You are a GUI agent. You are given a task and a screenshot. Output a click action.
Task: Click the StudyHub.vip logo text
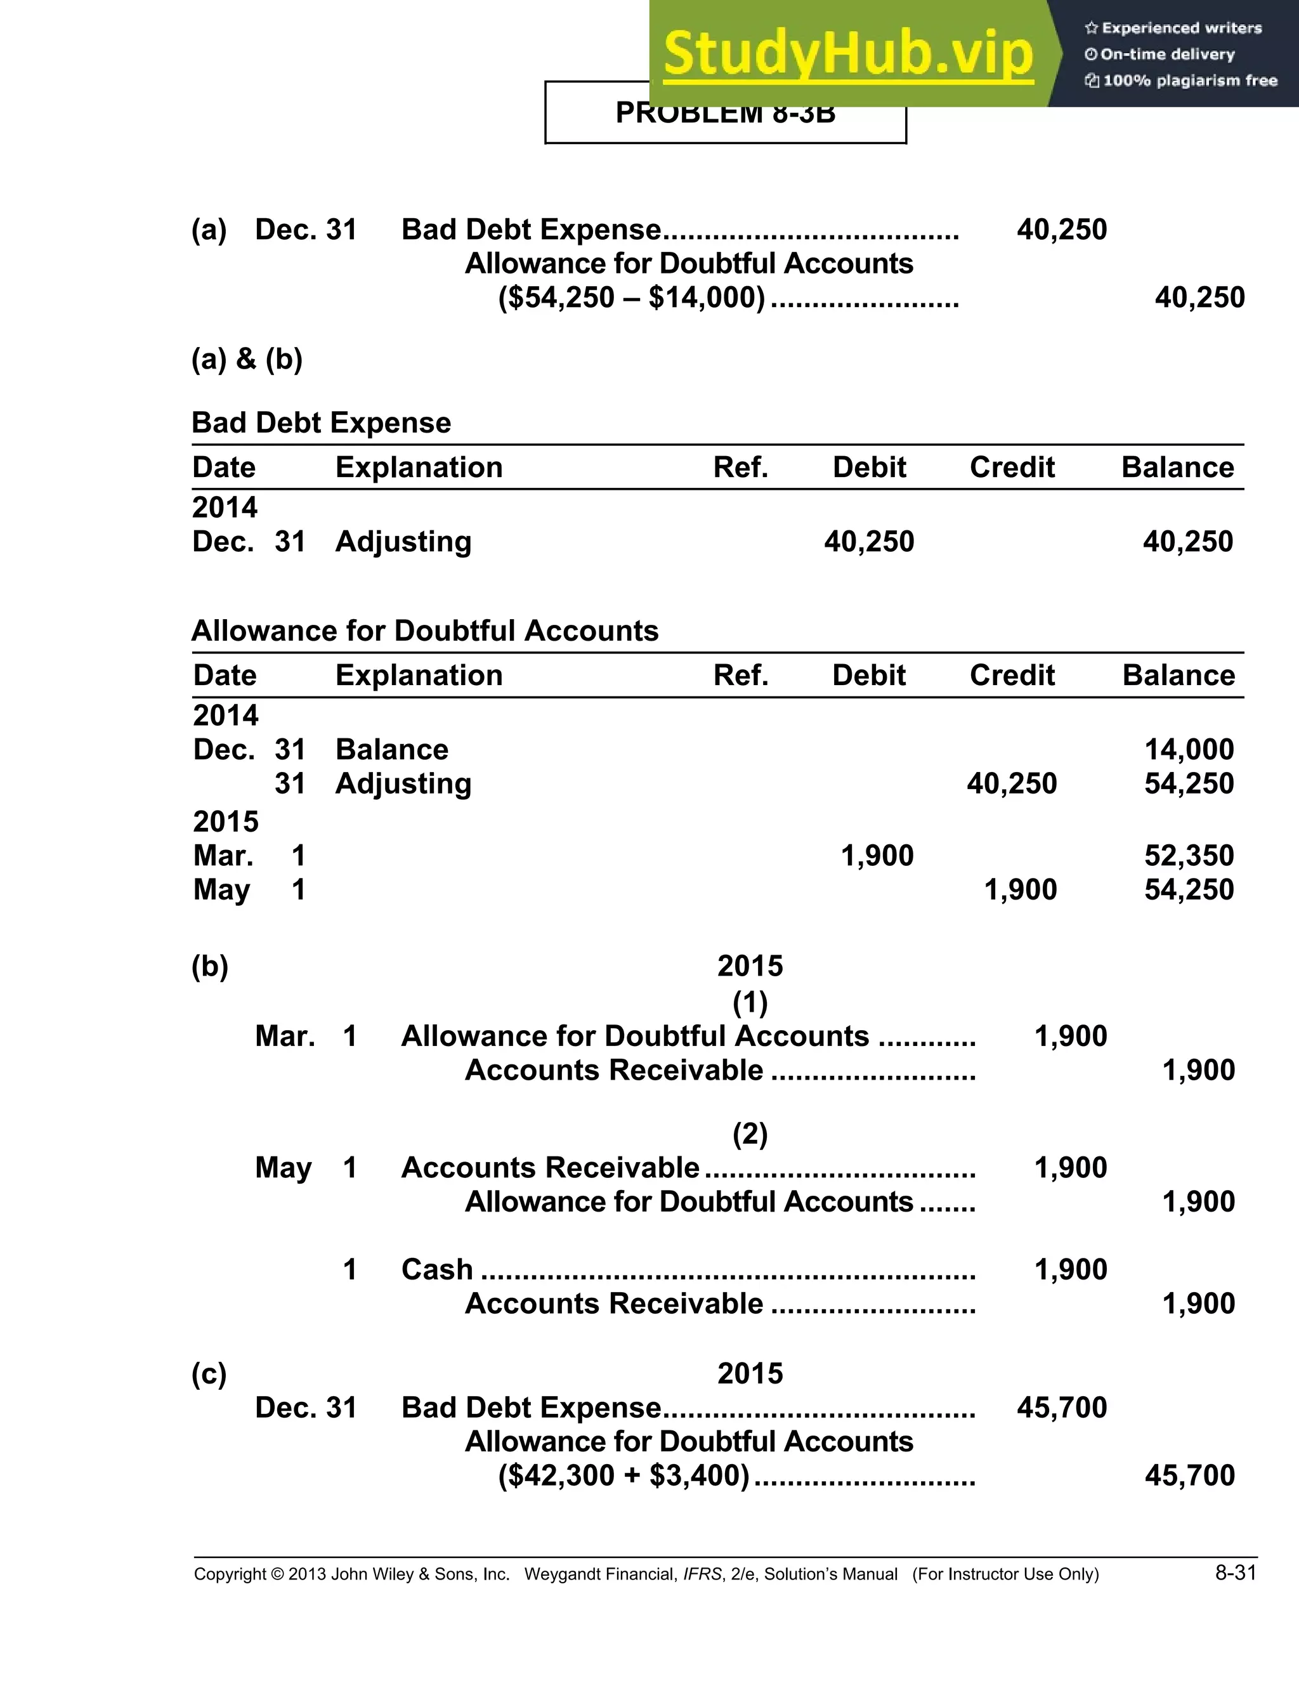tap(847, 54)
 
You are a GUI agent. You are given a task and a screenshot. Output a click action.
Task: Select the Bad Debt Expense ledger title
tap(321, 422)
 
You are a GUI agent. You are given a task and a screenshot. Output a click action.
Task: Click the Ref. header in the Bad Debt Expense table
tap(740, 468)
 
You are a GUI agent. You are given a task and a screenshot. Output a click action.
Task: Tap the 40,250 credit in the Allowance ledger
tap(1011, 783)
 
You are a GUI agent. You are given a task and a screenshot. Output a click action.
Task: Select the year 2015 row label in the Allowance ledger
tap(225, 821)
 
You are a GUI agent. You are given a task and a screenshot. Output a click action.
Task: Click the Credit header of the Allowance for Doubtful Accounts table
tap(1011, 675)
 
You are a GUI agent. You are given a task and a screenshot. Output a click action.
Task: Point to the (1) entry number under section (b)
tap(750, 1002)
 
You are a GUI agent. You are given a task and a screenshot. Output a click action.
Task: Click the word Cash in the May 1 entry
tap(436, 1269)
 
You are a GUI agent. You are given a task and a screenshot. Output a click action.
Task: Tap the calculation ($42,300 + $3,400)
tap(623, 1475)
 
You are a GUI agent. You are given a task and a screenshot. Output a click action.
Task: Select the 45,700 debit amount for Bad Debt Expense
tap(1061, 1407)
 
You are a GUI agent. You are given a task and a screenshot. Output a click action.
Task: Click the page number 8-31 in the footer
tap(1235, 1573)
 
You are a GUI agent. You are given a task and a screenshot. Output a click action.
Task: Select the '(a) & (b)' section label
tap(247, 358)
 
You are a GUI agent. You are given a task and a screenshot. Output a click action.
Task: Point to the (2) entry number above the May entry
tap(750, 1134)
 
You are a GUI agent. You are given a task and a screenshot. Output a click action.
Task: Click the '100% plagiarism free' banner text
tap(1189, 81)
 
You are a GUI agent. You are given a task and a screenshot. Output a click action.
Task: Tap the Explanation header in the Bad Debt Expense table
tap(419, 468)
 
